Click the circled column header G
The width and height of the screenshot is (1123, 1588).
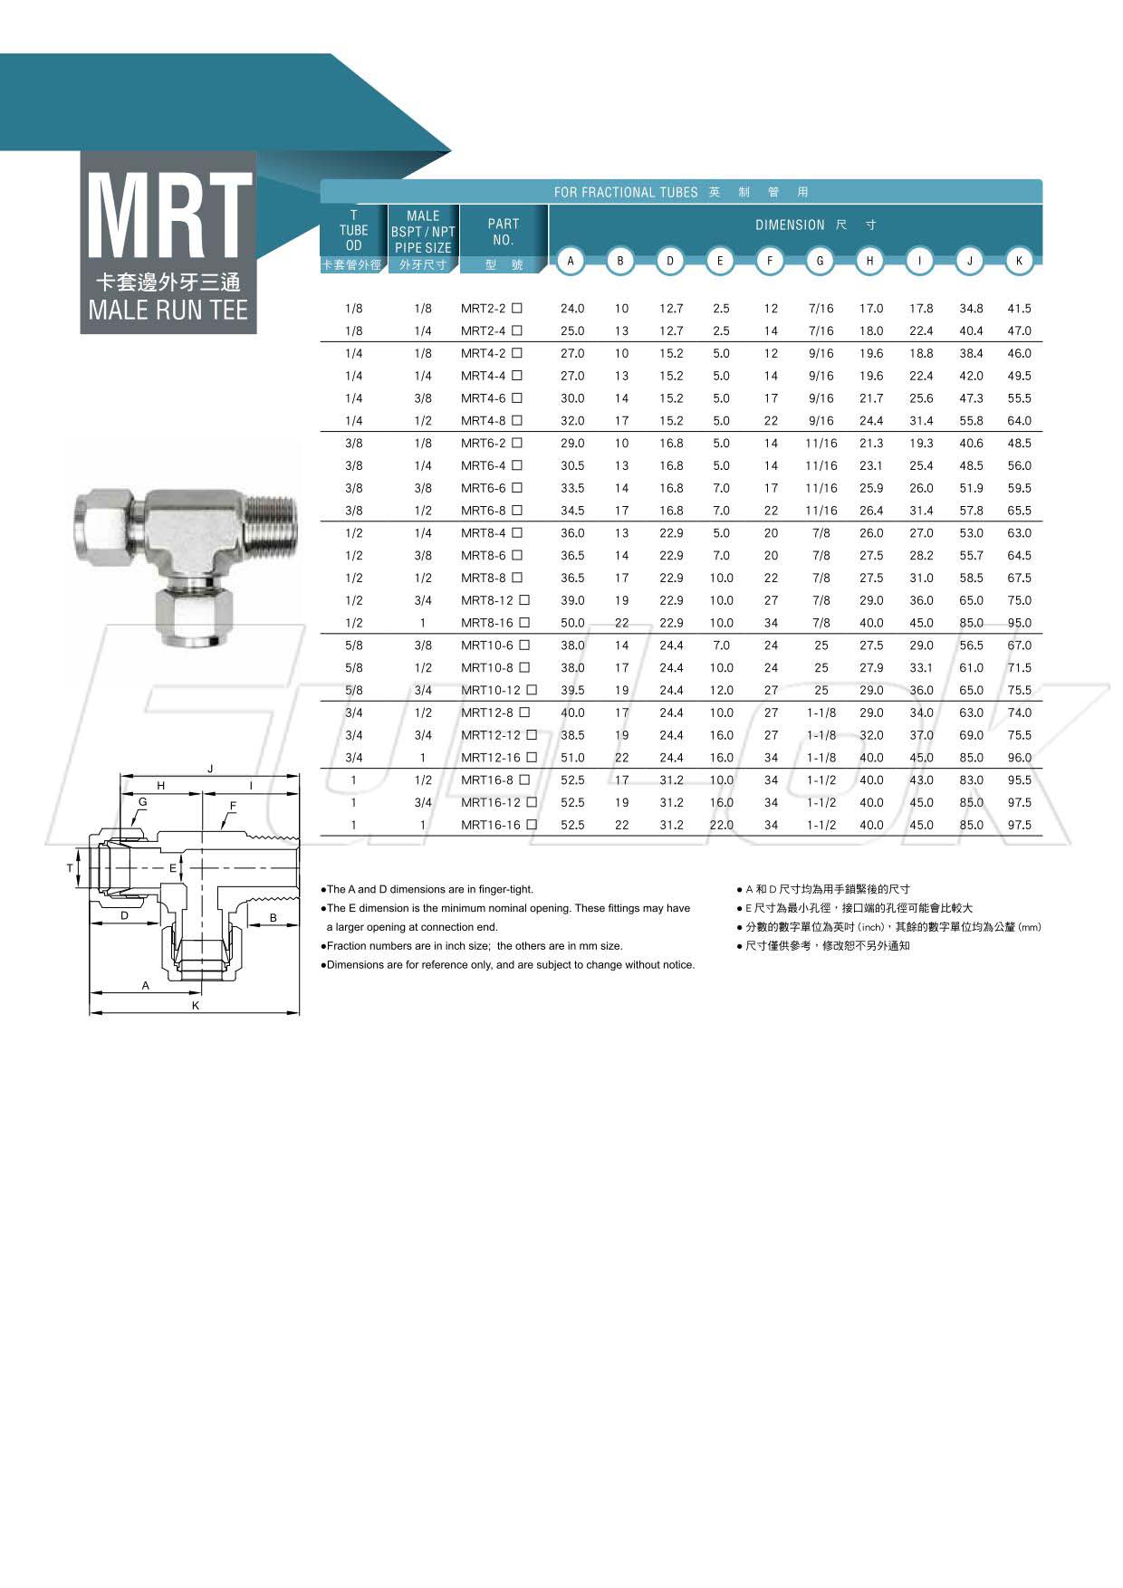(x=820, y=261)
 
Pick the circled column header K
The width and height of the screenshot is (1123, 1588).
(x=1019, y=261)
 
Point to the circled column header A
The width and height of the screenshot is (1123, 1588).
(x=571, y=261)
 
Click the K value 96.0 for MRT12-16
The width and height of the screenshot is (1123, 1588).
(x=1019, y=758)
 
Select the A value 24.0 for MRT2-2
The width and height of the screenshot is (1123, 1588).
(x=572, y=309)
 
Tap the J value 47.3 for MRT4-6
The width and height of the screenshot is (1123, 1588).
(x=971, y=398)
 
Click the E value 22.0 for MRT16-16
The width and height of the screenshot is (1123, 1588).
(x=721, y=825)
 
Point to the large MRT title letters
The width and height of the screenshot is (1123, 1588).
(x=168, y=215)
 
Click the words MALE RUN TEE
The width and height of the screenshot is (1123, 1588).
(x=168, y=310)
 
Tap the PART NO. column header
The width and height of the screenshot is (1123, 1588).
(x=504, y=232)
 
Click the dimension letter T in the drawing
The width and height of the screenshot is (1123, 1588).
(x=70, y=868)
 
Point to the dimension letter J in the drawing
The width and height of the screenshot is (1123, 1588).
(x=210, y=769)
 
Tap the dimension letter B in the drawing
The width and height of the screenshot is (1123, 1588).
(x=273, y=918)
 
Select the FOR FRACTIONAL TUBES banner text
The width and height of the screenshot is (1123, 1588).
(x=626, y=192)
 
